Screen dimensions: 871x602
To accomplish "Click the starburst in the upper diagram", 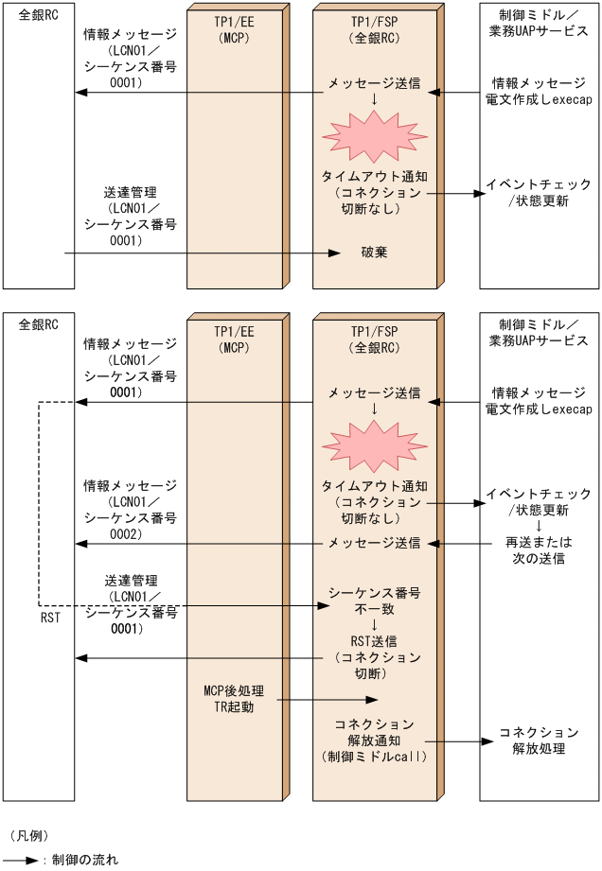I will tap(375, 136).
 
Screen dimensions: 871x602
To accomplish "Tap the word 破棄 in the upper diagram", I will tap(374, 253).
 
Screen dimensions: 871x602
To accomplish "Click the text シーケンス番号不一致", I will tap(374, 601).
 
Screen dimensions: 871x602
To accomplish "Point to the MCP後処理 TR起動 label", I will tap(233, 697).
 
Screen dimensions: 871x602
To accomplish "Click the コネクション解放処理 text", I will tap(539, 740).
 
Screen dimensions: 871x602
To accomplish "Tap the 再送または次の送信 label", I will tap(539, 550).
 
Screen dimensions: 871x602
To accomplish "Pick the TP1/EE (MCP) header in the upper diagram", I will tap(233, 29).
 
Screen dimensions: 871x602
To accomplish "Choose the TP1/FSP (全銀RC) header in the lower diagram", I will tap(374, 339).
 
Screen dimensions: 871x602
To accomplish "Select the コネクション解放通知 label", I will tap(374, 740).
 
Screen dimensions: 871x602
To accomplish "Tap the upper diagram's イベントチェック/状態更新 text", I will tap(539, 192).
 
